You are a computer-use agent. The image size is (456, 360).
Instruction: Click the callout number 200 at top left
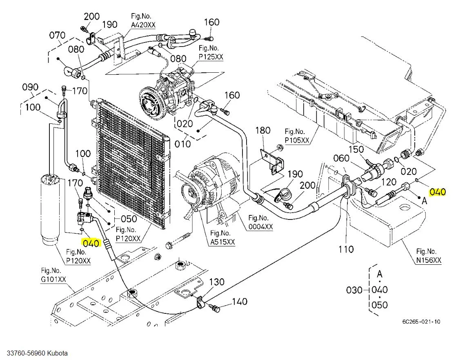coord(91,16)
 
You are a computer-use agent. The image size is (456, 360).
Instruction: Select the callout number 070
coord(58,35)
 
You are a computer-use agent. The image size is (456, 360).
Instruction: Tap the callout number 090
coord(30,87)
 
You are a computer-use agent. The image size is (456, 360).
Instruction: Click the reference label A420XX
coord(143,25)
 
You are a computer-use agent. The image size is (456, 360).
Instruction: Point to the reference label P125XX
coord(211,57)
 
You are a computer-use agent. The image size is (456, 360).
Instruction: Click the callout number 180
coord(263,130)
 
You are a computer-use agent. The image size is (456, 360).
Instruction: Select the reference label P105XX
coord(297,140)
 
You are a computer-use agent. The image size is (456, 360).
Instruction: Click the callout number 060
coord(341,158)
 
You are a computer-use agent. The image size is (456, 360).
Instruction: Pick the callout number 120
coord(388,182)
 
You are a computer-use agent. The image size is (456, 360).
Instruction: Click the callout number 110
coord(346,249)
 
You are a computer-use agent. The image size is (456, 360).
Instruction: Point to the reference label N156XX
coord(429,260)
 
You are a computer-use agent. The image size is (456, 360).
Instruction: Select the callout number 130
coord(217,282)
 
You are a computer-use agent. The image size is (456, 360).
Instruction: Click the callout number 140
coord(240,302)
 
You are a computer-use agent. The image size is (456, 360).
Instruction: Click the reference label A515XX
coord(222,242)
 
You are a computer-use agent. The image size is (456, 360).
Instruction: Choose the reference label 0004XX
coord(260,227)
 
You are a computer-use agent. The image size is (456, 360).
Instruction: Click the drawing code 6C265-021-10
coord(421,322)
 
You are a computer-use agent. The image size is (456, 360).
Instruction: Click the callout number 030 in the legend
coord(354,290)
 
